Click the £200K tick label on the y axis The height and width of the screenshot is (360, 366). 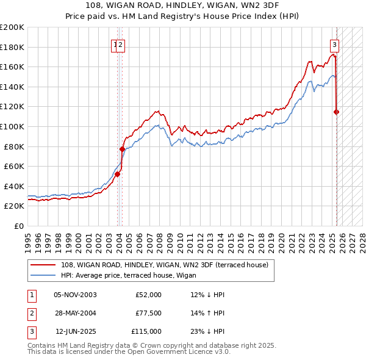[12, 27]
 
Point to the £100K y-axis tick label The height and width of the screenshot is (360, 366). [12, 126]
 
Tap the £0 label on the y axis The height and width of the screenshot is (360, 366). [18, 226]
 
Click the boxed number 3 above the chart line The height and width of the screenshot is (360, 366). [334, 44]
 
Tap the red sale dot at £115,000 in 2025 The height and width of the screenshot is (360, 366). [336, 112]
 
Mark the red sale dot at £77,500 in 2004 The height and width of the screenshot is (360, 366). [122, 149]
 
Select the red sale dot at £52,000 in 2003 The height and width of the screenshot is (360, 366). [118, 174]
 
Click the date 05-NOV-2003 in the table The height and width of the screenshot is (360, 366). [75, 295]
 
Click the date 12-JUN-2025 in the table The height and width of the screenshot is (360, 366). [76, 331]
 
